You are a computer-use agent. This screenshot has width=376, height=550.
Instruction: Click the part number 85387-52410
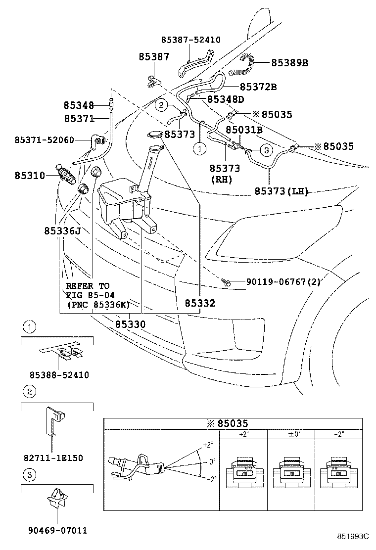tap(190, 40)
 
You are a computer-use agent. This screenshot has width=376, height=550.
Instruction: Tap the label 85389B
tap(289, 63)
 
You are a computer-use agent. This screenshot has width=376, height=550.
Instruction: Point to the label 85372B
tap(258, 87)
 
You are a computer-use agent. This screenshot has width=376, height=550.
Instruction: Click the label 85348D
tap(226, 99)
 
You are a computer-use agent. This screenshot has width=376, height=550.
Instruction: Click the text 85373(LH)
tap(282, 191)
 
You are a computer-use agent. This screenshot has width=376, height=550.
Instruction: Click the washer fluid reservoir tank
tap(124, 203)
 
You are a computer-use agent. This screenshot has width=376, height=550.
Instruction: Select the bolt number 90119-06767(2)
tap(283, 282)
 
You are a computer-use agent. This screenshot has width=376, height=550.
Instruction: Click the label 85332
tap(200, 303)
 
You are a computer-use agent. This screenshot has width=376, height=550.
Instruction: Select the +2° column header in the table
tap(242, 434)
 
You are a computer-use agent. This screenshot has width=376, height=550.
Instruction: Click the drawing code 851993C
tap(353, 536)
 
